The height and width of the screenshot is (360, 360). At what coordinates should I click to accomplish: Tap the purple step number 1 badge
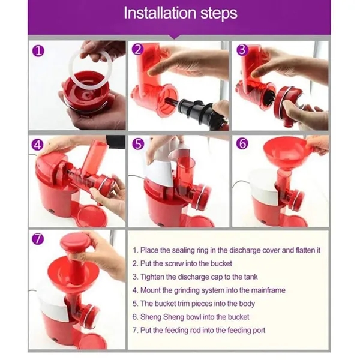click(x=38, y=51)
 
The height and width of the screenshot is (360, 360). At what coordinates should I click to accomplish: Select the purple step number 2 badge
click(x=138, y=49)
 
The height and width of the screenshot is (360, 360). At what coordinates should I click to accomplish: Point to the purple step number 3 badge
click(x=242, y=50)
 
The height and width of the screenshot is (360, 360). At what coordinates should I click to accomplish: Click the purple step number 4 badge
click(x=38, y=145)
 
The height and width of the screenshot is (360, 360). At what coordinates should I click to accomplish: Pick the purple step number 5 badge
click(x=138, y=144)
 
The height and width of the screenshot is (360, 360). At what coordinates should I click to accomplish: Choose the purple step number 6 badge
click(x=242, y=143)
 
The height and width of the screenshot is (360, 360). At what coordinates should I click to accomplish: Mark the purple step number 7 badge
click(x=38, y=239)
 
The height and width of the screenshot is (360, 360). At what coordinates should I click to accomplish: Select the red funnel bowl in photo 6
click(x=284, y=152)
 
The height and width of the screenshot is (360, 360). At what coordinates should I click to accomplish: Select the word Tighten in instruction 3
click(x=152, y=277)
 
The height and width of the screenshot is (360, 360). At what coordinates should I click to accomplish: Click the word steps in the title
click(x=219, y=14)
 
